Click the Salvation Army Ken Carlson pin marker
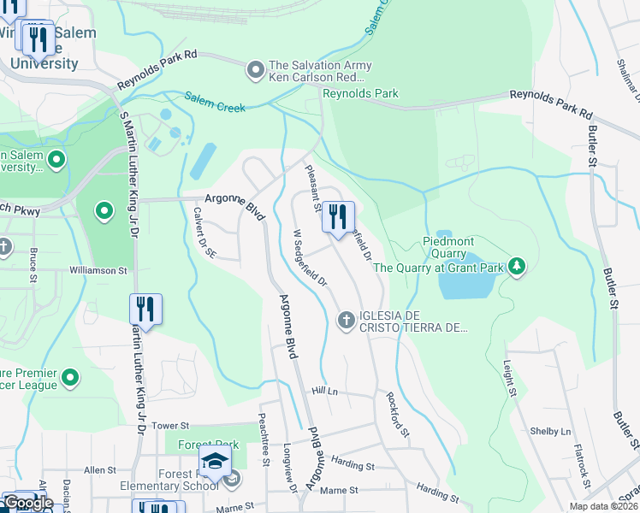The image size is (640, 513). click(255, 70)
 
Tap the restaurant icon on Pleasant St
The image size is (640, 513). click(338, 216)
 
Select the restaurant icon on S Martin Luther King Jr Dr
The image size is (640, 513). click(145, 310)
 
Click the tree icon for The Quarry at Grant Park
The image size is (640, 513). click(516, 268)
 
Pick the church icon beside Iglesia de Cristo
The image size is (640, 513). click(347, 320)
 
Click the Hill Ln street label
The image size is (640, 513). click(326, 390)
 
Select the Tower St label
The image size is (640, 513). click(169, 425)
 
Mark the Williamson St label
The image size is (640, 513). click(98, 270)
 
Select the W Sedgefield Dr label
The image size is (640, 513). click(310, 256)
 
